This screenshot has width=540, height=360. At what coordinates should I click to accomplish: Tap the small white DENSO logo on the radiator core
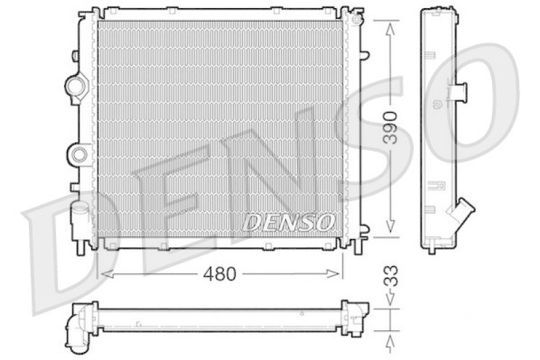click(x=289, y=221)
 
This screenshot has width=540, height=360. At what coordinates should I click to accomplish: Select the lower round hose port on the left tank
click(x=78, y=154)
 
